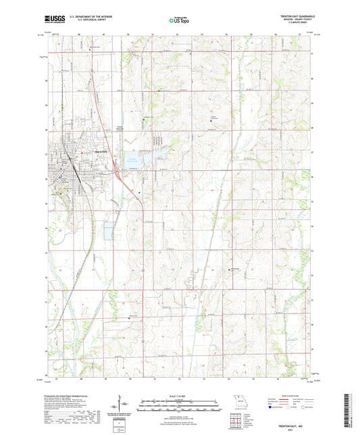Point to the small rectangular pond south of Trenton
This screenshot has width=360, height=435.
click(x=109, y=233)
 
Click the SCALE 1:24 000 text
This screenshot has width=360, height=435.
click(x=179, y=394)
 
